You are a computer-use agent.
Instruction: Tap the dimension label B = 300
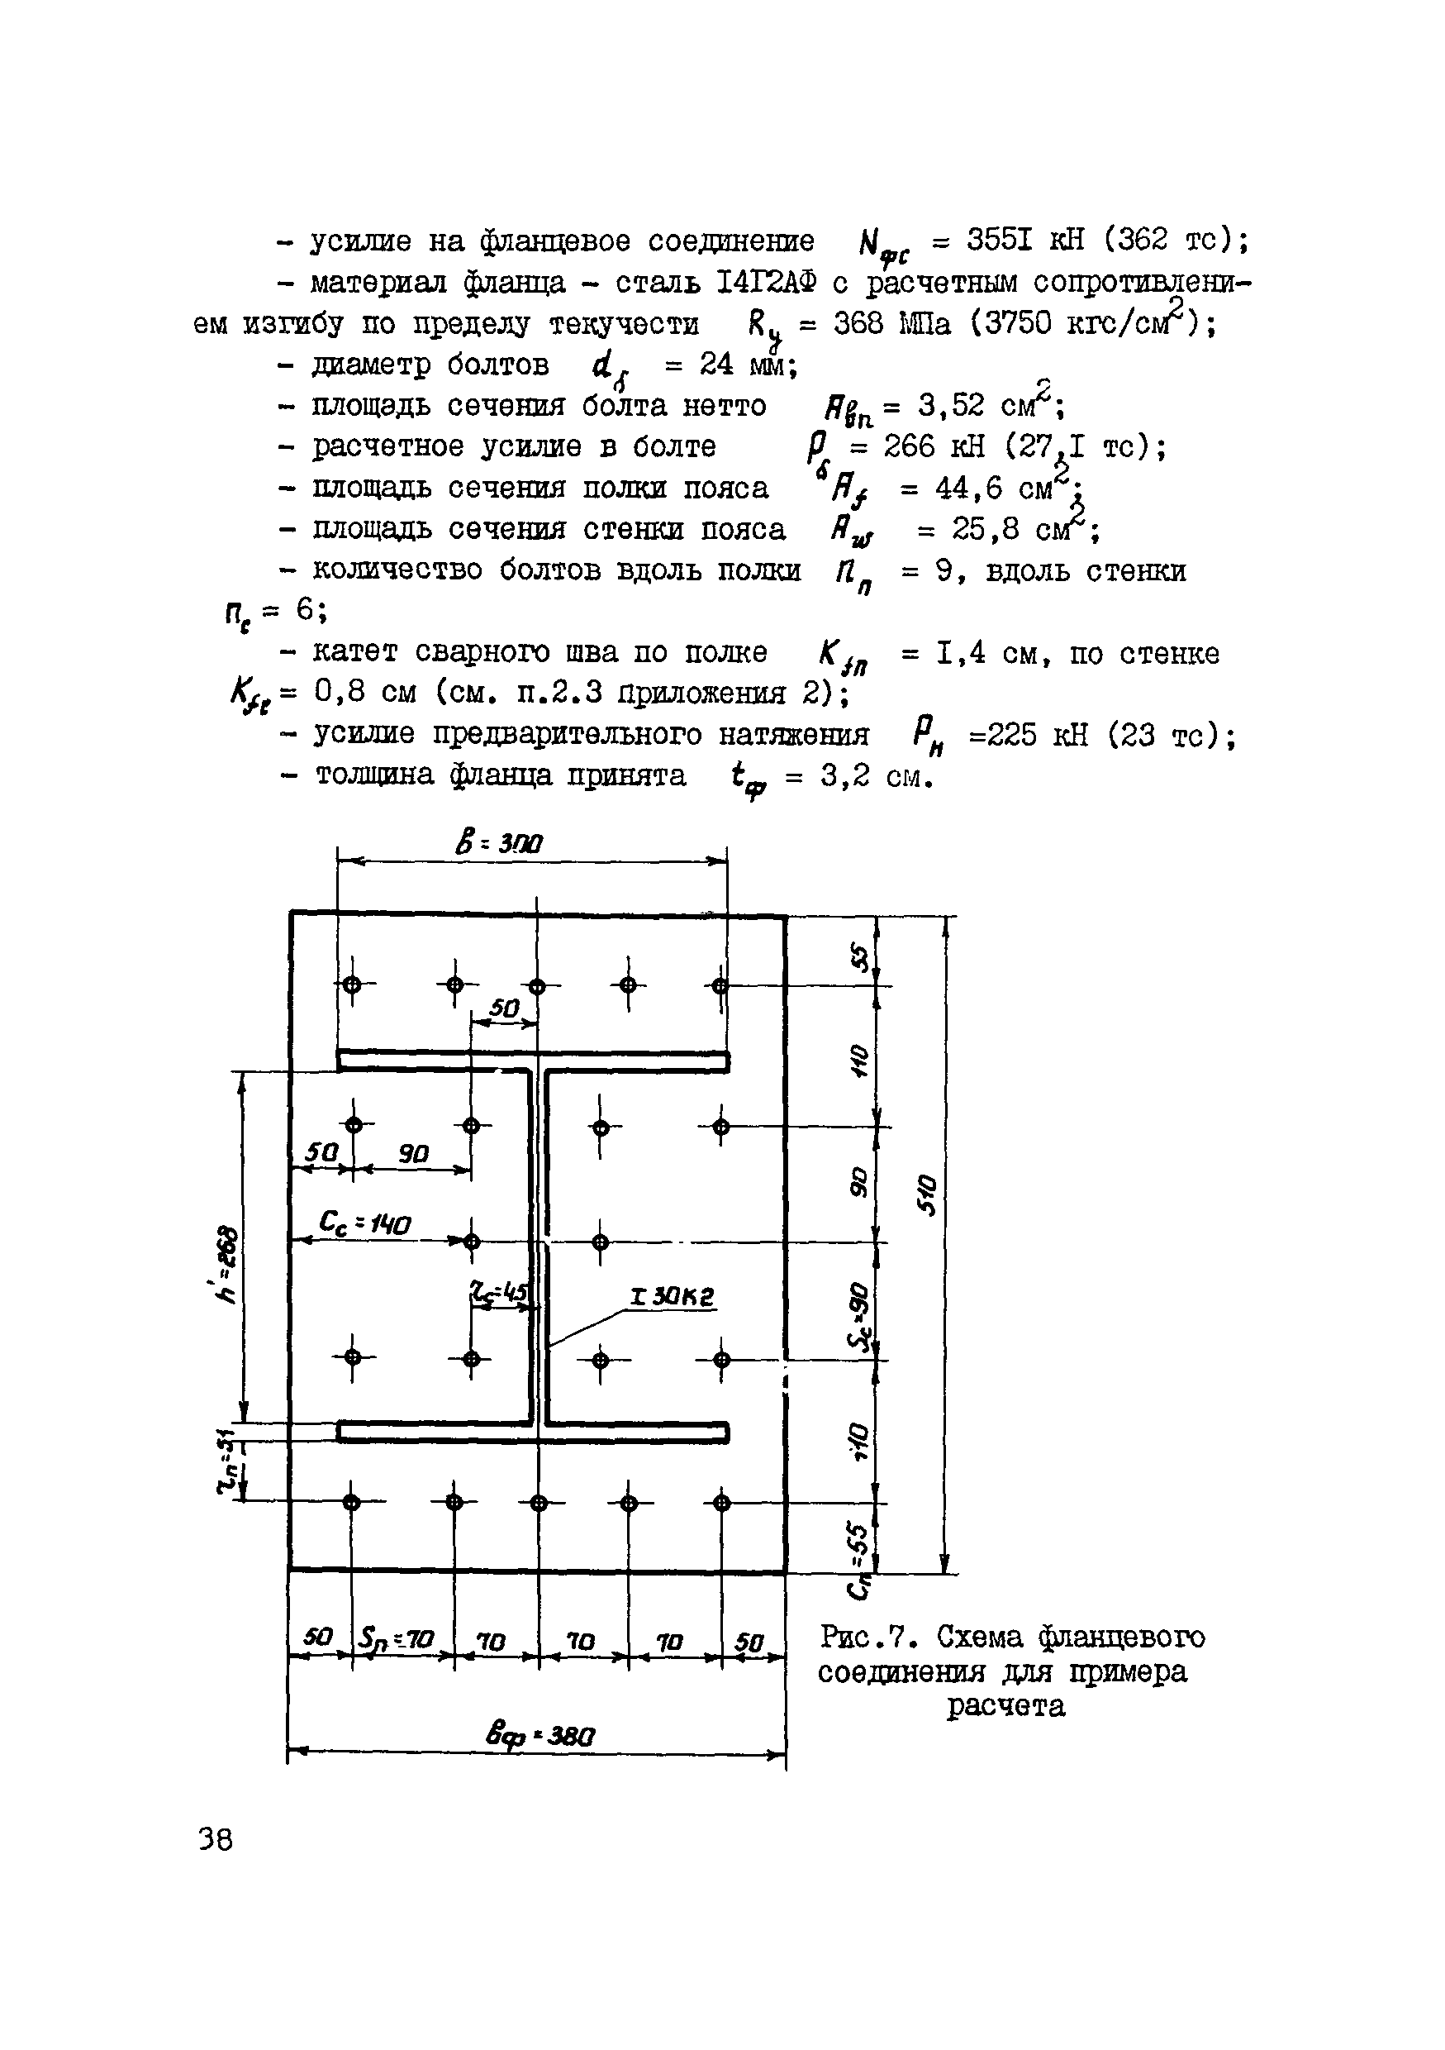pyautogui.click(x=500, y=842)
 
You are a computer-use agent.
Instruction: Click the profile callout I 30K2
pyautogui.click(x=672, y=1296)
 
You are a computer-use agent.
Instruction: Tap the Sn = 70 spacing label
pyautogui.click(x=397, y=1639)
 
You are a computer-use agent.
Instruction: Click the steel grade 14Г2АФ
pyautogui.click(x=767, y=282)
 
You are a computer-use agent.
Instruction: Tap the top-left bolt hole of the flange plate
pyautogui.click(x=352, y=984)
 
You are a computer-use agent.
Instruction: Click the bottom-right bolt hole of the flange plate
pyautogui.click(x=721, y=1502)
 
